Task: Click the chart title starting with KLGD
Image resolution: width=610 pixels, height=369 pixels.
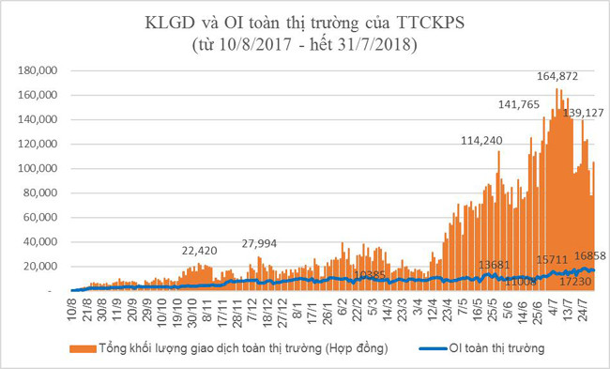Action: pos(304,22)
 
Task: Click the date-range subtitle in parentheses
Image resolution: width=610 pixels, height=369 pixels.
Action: pos(304,43)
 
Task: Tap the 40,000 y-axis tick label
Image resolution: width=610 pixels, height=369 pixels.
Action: pos(43,242)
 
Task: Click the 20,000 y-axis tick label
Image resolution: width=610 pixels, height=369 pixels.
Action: pos(43,267)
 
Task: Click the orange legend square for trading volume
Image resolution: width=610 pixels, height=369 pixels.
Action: pos(75,347)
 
